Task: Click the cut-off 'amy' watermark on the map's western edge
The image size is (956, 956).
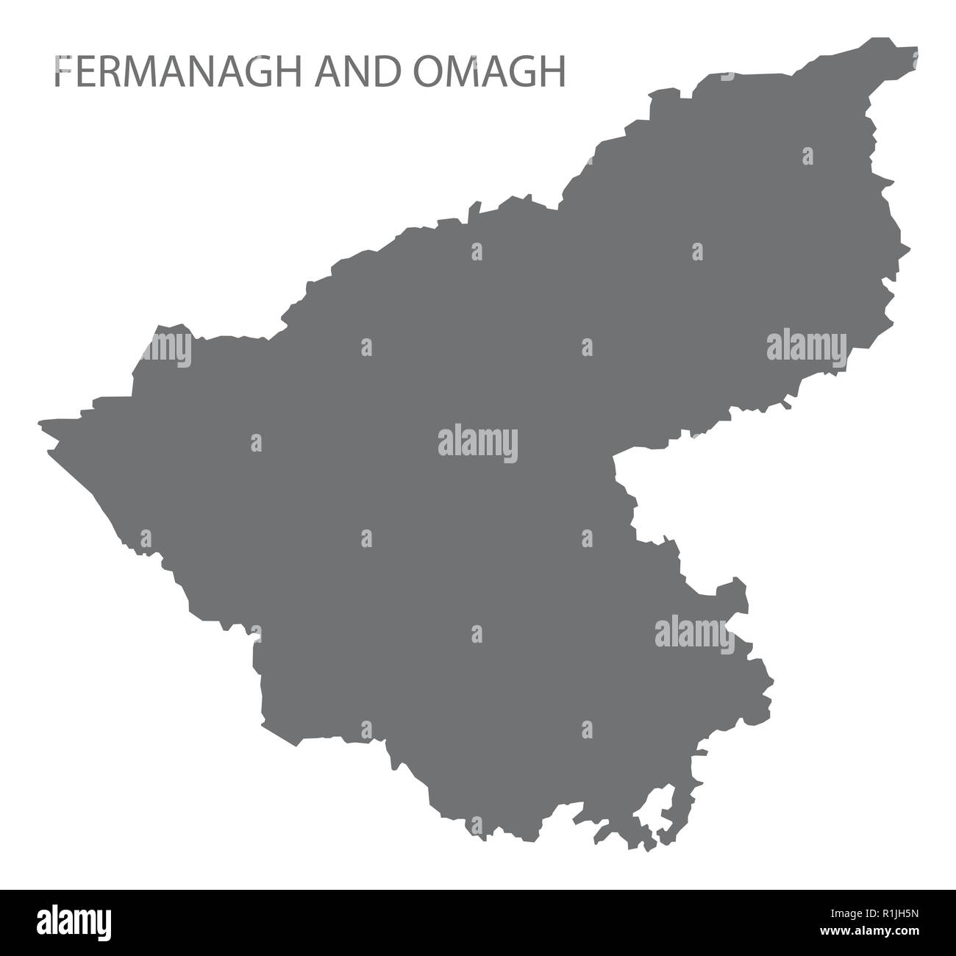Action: tap(171, 346)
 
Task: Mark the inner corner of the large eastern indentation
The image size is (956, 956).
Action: tap(616, 459)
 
